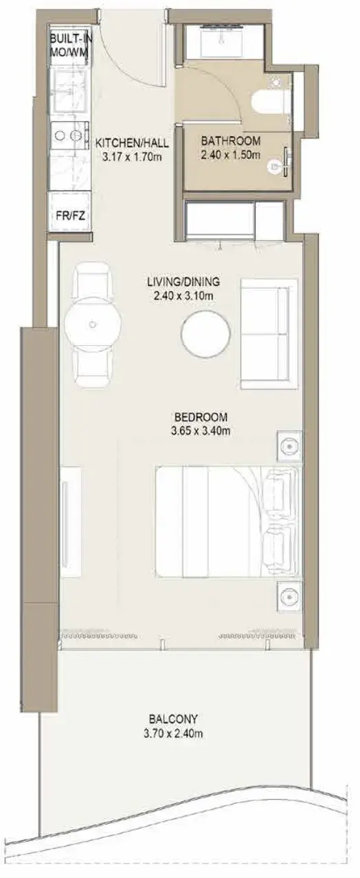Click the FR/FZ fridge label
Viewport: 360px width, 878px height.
[71, 215]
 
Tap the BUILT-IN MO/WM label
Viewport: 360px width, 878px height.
[69, 46]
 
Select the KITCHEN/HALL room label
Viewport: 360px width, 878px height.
[133, 143]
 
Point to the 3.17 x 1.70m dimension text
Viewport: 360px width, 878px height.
[132, 158]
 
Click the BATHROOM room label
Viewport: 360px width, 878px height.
[230, 141]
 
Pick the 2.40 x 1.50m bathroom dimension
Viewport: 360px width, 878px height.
[230, 155]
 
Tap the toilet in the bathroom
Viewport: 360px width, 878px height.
[271, 104]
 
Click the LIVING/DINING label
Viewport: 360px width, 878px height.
[183, 281]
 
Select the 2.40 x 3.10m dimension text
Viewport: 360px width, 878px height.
[183, 296]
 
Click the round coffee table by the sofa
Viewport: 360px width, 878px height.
[205, 333]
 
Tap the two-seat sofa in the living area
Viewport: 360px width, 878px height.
[269, 333]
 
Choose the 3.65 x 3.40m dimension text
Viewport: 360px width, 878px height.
[201, 431]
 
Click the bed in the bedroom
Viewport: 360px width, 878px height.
[229, 521]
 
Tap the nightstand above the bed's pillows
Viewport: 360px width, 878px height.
[289, 446]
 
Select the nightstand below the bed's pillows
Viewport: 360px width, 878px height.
[289, 597]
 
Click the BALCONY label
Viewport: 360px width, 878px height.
[173, 720]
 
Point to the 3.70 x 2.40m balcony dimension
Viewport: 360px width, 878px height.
[173, 734]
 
